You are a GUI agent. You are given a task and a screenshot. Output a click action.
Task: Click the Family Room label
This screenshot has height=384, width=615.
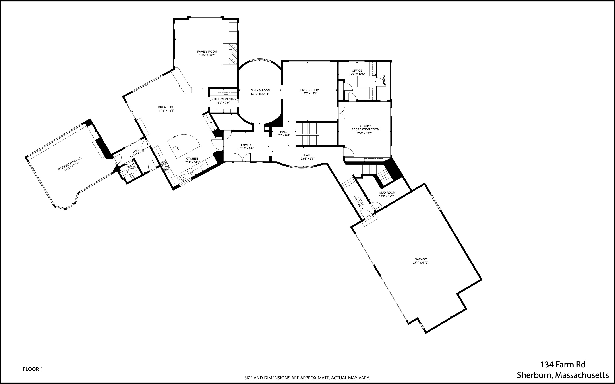tap(207, 52)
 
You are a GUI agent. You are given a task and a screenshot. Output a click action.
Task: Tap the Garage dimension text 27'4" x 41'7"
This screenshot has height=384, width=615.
tap(421, 263)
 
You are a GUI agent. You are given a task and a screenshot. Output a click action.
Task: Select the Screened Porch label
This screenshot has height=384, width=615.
tap(70, 164)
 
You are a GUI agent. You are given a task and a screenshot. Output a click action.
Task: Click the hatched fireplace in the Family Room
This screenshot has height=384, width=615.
tap(233, 57)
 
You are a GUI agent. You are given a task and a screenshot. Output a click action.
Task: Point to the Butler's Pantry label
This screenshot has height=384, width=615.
tap(223, 99)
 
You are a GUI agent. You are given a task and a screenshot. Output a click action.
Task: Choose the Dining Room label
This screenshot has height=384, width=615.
tap(260, 91)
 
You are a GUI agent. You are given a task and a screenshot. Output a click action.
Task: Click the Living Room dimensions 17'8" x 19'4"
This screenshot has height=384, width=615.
tap(309, 93)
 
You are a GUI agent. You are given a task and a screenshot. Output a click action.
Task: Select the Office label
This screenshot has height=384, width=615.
tap(357, 71)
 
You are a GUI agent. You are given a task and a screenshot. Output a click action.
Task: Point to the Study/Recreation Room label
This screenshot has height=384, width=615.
tap(365, 128)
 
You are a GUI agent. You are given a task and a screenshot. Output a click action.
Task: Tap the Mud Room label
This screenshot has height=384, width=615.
tap(387, 193)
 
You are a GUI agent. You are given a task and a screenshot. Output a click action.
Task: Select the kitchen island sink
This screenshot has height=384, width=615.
tap(176, 148)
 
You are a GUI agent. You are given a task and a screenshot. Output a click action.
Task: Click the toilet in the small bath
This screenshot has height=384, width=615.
tap(124, 173)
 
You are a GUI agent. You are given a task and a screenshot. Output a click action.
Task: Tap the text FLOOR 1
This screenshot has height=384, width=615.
tap(33, 369)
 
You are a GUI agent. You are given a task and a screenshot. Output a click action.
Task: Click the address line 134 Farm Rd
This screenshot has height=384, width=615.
tap(563, 365)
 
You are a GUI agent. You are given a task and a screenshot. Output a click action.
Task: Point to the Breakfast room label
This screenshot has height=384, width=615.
tap(166, 107)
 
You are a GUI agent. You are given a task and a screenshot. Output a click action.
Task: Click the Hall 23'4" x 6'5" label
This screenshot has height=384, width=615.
tap(307, 155)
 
